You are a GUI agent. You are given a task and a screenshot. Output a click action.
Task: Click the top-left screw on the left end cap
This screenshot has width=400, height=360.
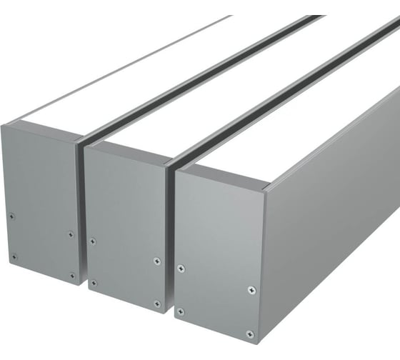click(x=13, y=214)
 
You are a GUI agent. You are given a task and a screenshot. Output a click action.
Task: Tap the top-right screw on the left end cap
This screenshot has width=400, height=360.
click(x=71, y=234)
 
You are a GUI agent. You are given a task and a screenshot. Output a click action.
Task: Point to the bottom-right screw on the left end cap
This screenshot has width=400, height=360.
click(x=72, y=275)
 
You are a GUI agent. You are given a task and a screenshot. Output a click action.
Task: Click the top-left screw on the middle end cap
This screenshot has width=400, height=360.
click(x=93, y=241)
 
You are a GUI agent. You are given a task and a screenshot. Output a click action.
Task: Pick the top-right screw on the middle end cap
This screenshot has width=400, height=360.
click(x=157, y=261)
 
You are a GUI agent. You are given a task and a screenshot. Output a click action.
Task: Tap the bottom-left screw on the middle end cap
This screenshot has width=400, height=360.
click(x=94, y=282)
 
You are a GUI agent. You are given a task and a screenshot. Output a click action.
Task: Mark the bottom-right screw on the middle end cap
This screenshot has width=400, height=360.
click(x=157, y=304)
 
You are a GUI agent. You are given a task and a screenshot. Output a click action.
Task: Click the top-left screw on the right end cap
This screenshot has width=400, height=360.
click(x=180, y=269)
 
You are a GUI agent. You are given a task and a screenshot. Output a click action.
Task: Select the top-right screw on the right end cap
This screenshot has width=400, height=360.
click(x=251, y=290)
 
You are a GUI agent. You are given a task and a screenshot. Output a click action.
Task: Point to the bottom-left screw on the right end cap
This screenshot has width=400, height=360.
click(x=180, y=311)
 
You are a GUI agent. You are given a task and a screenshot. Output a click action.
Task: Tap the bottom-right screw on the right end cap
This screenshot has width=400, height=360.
click(x=249, y=334)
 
